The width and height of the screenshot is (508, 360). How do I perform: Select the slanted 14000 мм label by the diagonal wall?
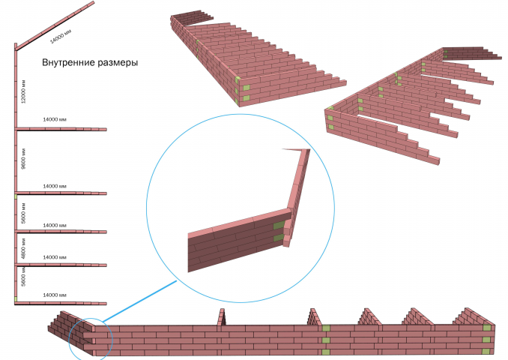tap(61, 36)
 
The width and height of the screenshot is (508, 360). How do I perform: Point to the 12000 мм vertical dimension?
tap(23, 91)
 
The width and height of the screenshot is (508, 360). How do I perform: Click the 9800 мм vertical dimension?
tap(23, 158)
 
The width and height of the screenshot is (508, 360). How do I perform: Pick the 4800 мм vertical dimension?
tap(23, 248)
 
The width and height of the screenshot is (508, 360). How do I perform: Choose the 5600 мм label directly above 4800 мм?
tap(23, 213)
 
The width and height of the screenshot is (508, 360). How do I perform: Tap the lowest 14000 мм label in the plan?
tap(55, 295)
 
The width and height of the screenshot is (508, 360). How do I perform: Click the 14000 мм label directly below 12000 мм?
tap(55, 119)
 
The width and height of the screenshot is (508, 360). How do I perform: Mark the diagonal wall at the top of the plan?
tap(55, 25)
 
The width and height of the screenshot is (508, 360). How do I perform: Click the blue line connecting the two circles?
tap(140, 301)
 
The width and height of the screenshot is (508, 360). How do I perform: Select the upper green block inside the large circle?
tap(278, 226)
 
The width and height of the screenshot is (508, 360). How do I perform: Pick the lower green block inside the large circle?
tap(278, 238)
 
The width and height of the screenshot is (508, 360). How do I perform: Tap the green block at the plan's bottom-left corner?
tap(15, 299)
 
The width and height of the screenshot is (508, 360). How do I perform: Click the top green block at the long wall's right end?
tap(487, 328)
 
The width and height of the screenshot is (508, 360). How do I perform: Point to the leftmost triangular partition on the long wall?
tap(222, 317)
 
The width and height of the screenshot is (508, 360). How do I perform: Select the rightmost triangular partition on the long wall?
tap(473, 316)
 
